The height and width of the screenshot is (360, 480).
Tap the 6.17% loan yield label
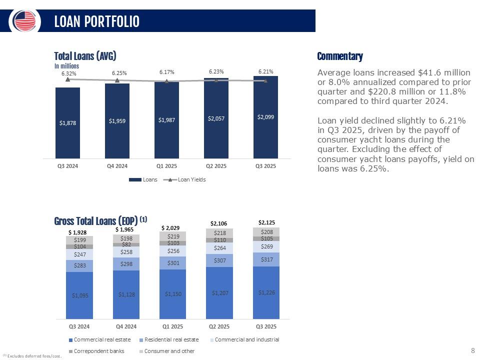166,72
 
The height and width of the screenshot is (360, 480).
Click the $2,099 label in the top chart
265,116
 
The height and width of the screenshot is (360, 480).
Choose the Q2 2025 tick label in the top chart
216,166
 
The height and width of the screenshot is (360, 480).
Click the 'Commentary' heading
340,56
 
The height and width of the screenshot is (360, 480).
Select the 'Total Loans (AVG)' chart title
85,56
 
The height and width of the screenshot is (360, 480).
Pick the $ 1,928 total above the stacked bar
77,232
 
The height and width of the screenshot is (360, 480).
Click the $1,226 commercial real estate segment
266,292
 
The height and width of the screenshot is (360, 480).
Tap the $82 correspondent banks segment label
126,244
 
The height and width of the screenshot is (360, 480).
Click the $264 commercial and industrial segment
219,247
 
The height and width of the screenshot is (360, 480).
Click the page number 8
473,351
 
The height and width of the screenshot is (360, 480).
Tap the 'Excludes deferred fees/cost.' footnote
34,355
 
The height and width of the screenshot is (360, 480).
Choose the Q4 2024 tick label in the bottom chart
126,326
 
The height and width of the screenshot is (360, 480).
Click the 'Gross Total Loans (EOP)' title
95,220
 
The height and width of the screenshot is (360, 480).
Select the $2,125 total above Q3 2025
266,222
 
